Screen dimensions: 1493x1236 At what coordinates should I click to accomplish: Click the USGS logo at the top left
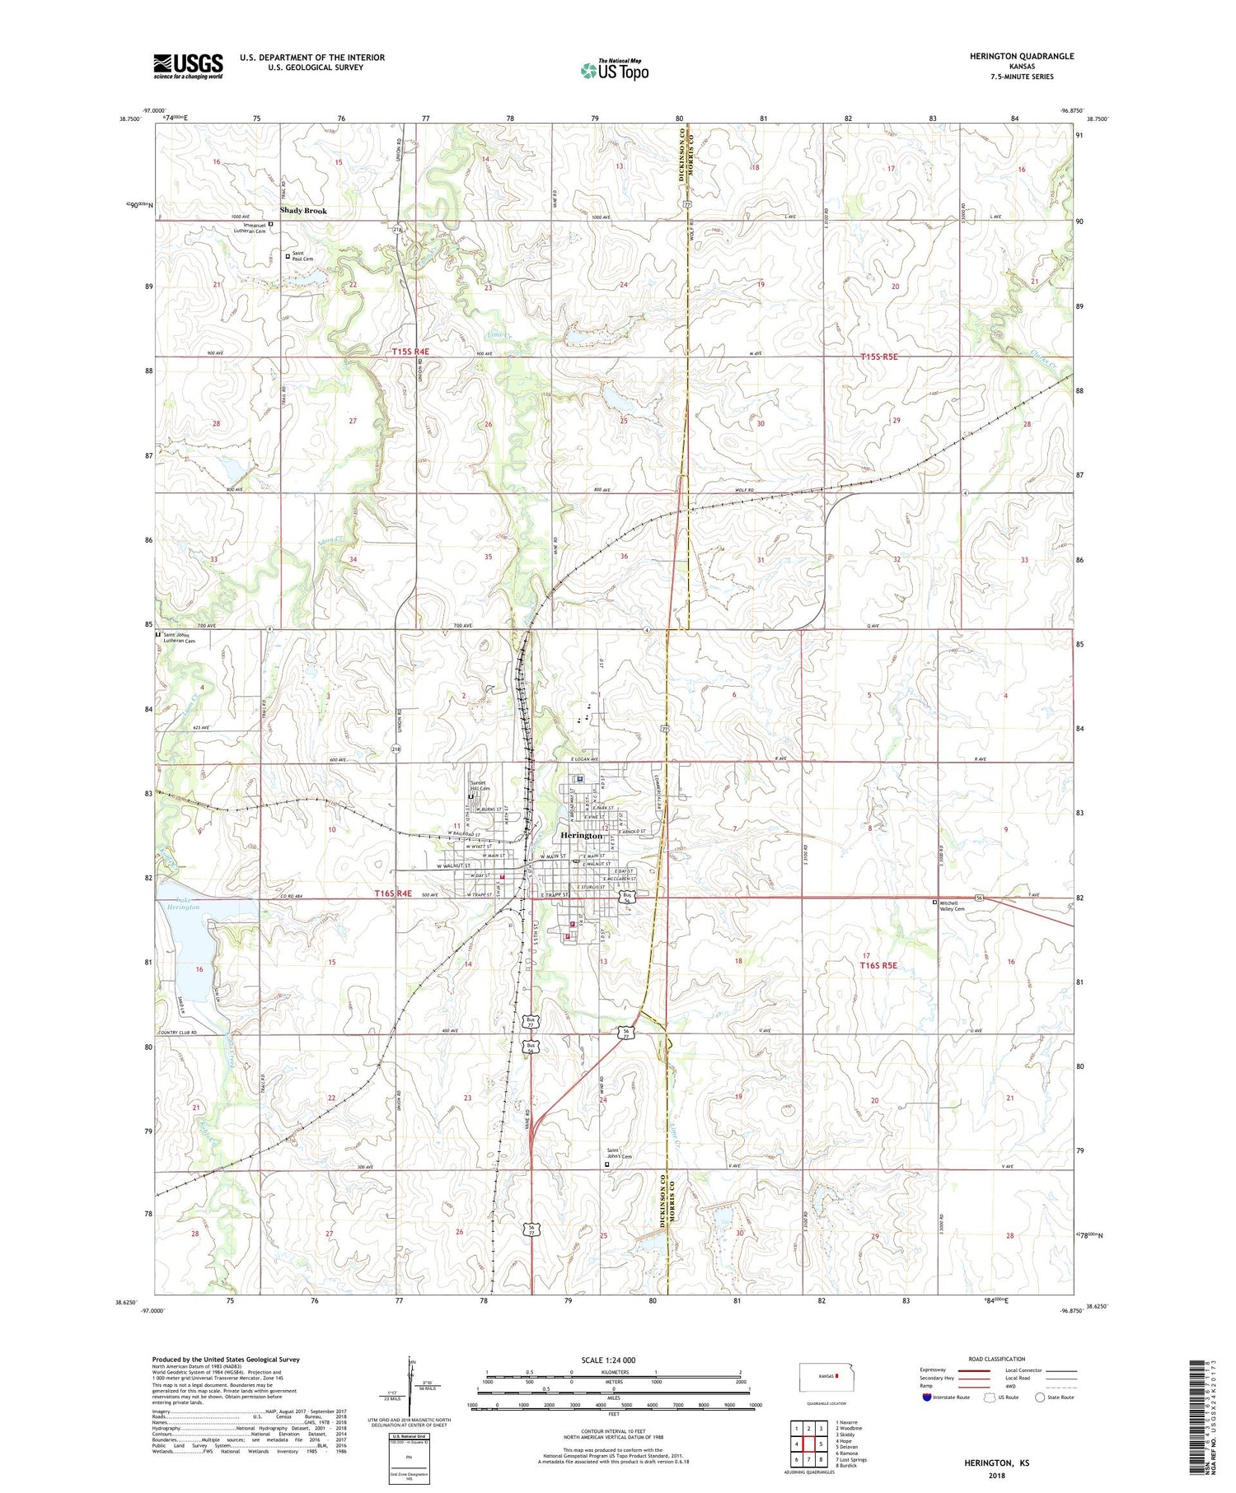pyautogui.click(x=188, y=66)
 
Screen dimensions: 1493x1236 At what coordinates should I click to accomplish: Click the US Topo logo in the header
pyautogui.click(x=615, y=70)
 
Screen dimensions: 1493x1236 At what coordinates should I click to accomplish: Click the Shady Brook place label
pyautogui.click(x=303, y=211)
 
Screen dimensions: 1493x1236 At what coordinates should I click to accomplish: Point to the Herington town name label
pyautogui.click(x=581, y=835)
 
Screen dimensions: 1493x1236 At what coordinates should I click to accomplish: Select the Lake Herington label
pyautogui.click(x=183, y=903)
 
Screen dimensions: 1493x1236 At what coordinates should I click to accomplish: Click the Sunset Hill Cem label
pyautogui.click(x=481, y=786)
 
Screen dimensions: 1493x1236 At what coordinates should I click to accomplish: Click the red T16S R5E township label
pyautogui.click(x=878, y=965)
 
